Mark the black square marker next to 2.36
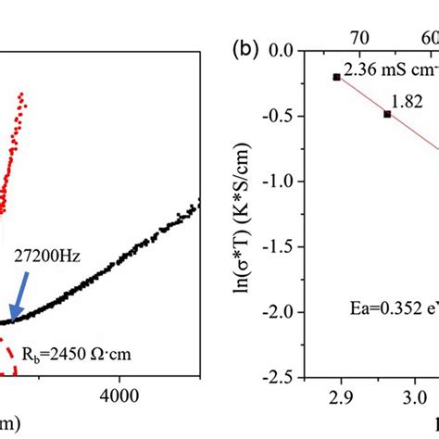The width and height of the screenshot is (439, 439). pos(336,77)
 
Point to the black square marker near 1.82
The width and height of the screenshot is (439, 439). pos(387,114)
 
